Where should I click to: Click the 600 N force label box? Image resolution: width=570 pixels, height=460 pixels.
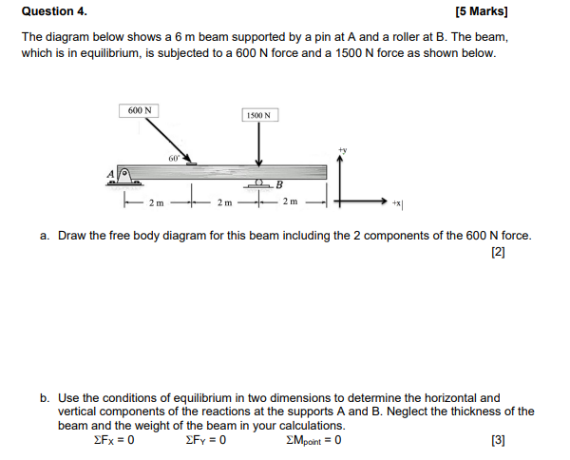(138, 110)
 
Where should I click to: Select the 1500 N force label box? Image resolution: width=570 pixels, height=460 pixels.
(258, 115)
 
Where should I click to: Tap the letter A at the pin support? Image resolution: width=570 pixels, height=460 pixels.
(111, 174)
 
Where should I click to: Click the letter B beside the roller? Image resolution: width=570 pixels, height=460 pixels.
(279, 183)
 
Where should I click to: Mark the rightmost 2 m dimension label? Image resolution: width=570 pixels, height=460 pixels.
(291, 202)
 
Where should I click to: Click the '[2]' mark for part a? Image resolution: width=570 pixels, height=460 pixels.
(498, 252)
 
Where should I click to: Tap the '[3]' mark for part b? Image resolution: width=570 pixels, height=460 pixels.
(498, 440)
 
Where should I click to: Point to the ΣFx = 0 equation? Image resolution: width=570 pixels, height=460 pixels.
(114, 440)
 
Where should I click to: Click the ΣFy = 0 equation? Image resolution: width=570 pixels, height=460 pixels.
(206, 440)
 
